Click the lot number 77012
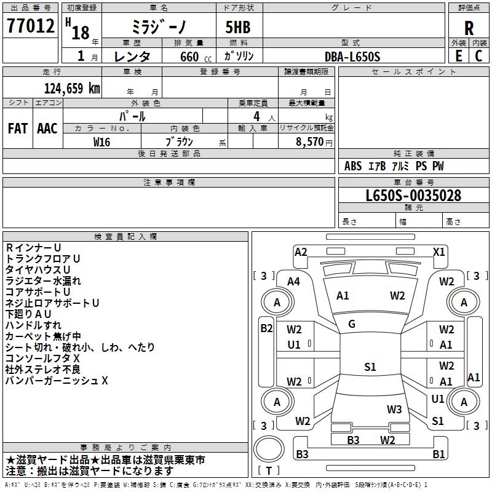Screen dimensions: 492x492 30,26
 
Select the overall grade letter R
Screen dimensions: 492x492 469,28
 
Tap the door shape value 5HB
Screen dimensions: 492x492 238,27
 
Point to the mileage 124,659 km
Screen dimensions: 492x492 72,89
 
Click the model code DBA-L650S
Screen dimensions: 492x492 352,57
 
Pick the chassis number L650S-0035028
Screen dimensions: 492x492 413,196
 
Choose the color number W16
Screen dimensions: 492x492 101,142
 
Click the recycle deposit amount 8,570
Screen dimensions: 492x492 309,142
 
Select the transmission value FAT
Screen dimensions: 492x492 18,129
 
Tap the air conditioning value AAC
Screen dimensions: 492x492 47,129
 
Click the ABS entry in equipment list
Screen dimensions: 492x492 353,166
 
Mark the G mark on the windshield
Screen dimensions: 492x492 352,324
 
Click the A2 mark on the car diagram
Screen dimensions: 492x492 301,252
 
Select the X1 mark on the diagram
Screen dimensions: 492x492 438,252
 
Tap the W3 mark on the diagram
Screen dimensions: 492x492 394,410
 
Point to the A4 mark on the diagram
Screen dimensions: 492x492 293,282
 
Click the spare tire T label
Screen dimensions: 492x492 269,470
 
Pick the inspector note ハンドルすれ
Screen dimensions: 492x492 34,325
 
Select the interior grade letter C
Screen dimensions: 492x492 478,56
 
